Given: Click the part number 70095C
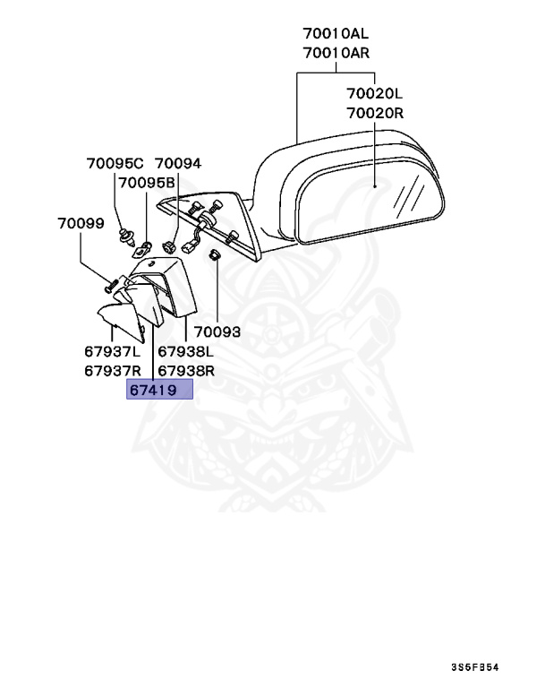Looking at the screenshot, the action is [115, 164].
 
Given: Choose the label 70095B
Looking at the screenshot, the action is [147, 183].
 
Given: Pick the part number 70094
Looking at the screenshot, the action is [178, 164].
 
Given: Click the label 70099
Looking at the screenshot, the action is [81, 221].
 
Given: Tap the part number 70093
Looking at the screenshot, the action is [217, 331].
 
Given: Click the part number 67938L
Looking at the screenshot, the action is [187, 351].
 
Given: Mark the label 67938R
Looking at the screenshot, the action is [187, 370].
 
